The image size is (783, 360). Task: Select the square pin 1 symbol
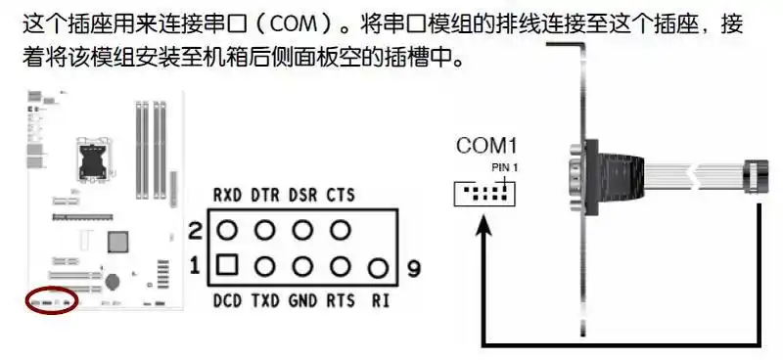coord(228,264)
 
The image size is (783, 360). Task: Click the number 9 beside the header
coord(413,267)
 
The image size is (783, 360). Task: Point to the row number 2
coord(194,232)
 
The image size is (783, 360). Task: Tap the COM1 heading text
coord(485,148)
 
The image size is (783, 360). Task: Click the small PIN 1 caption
coord(504,168)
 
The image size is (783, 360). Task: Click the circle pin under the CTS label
coord(341,231)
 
